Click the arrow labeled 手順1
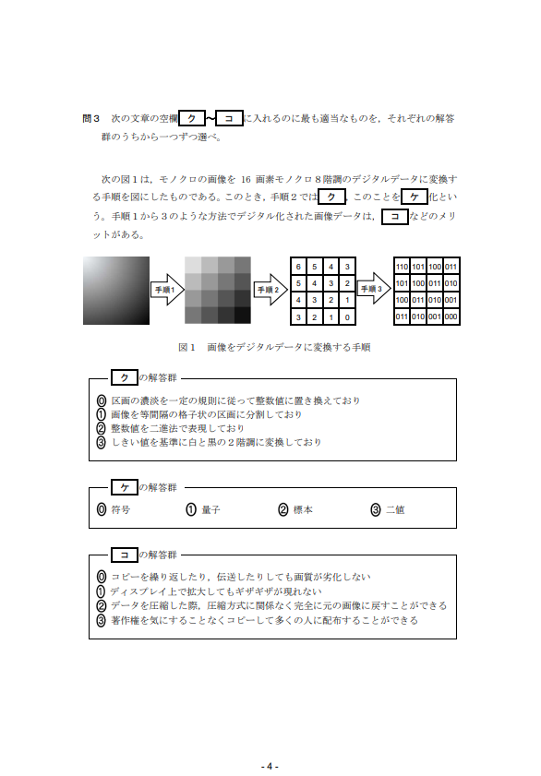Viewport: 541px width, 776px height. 167,290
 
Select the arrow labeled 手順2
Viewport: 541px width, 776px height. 270,290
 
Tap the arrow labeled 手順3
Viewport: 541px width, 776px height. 374,289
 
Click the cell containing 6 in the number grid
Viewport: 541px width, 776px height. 298,267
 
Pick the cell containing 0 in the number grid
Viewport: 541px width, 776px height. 347,317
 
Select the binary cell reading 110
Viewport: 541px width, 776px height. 402,267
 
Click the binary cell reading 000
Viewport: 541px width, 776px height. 451,316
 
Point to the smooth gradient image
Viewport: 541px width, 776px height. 115,291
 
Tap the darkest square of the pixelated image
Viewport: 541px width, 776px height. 242,316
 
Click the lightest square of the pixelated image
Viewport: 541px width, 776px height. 193,265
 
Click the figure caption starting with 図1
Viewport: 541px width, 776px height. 274,348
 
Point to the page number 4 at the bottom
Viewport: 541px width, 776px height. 270,767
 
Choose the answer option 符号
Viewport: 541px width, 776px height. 114,509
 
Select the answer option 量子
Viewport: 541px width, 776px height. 203,509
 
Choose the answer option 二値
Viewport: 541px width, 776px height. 388,509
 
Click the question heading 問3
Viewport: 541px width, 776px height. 91,118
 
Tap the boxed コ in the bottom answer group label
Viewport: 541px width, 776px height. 125,555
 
